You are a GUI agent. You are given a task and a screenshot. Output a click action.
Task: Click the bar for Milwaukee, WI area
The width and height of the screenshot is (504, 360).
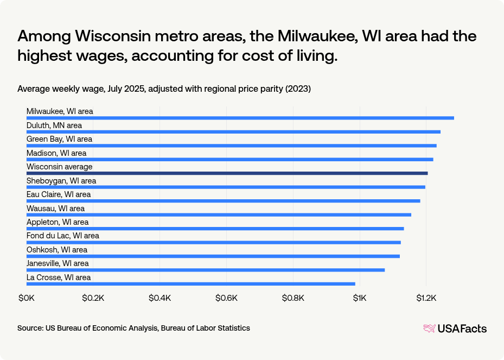(240, 118)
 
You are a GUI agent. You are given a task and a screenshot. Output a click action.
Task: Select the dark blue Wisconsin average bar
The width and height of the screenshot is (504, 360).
(227, 173)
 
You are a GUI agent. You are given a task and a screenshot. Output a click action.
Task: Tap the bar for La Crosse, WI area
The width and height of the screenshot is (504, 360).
(191, 283)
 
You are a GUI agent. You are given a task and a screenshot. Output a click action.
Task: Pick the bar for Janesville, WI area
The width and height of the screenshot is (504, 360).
(206, 270)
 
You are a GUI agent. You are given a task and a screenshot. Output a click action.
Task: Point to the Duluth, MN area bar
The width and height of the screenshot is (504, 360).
(233, 131)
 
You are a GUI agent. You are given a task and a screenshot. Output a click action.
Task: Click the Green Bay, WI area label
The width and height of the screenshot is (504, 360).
(59, 139)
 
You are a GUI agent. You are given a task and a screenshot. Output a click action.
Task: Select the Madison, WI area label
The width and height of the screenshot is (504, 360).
(56, 153)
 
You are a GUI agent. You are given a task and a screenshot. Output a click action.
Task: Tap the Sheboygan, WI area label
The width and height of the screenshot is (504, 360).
(61, 181)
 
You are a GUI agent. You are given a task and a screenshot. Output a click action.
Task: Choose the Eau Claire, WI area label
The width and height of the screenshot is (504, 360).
(59, 194)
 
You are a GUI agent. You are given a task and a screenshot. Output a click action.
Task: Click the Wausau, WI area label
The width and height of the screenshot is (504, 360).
(55, 209)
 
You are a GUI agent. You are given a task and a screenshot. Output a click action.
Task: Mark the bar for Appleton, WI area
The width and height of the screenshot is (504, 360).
(215, 229)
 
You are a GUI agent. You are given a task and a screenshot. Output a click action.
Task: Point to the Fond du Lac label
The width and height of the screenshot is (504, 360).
(63, 236)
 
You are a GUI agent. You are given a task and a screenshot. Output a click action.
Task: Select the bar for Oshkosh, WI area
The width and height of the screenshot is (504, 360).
(213, 256)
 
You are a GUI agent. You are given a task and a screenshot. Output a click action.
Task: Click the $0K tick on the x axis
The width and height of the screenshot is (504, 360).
(27, 298)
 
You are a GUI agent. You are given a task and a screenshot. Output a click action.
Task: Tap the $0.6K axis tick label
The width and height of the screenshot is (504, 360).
(226, 298)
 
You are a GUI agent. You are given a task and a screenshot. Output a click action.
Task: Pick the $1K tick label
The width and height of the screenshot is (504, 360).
(360, 298)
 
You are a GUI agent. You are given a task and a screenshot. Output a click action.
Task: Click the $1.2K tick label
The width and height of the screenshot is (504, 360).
(426, 298)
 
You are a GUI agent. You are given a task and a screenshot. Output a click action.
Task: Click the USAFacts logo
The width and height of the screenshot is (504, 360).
(455, 329)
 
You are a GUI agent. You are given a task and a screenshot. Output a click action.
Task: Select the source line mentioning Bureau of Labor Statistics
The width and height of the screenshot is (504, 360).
(133, 328)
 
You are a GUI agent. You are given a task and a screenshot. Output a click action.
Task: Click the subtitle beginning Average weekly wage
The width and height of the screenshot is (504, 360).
(164, 89)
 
